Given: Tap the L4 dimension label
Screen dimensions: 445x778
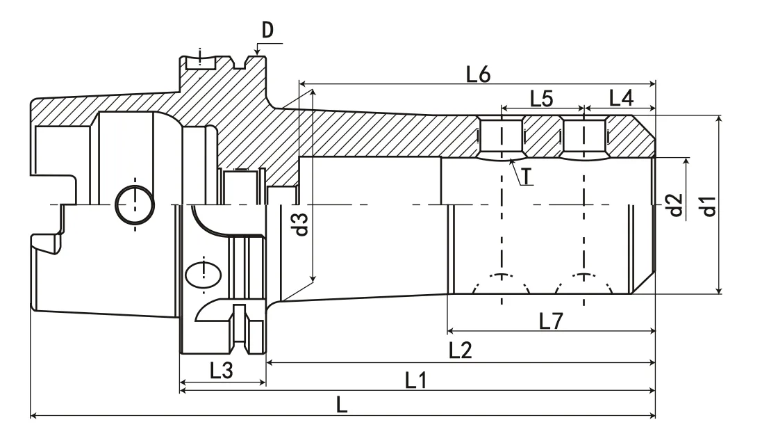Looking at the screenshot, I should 621,99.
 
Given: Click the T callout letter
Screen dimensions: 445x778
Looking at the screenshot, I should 528,177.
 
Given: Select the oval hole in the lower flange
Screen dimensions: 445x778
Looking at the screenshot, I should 204,275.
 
